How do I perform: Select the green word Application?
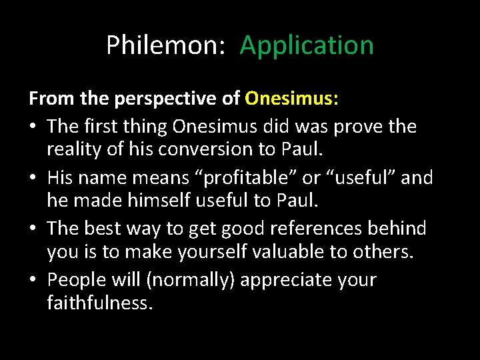[307, 45]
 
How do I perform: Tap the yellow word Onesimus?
[292, 99]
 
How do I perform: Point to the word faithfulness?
[99, 304]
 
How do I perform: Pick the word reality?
[74, 151]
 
